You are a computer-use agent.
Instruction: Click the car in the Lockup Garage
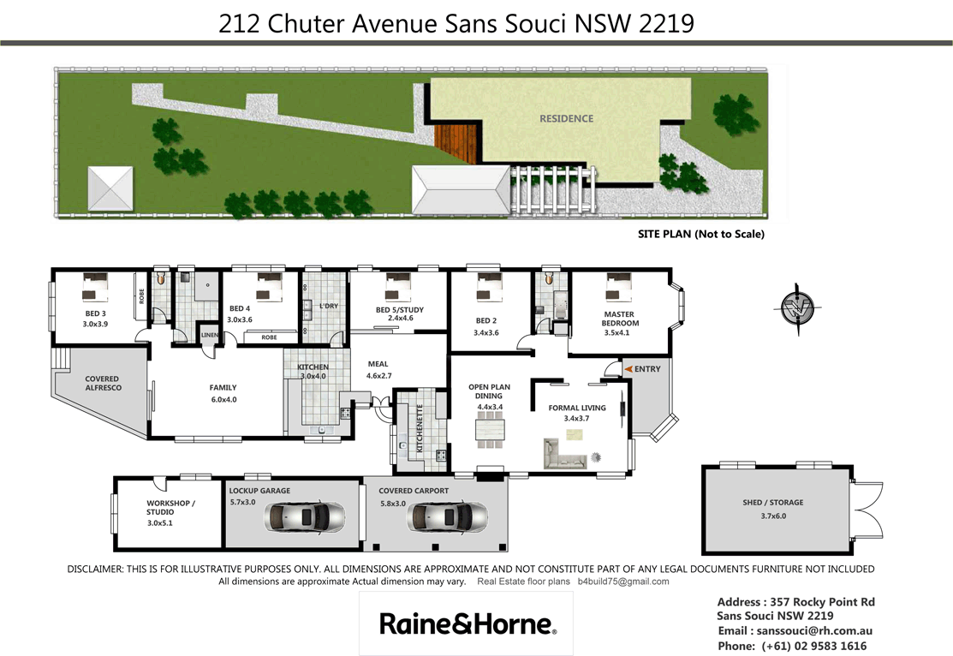(306, 517)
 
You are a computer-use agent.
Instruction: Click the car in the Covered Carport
(447, 517)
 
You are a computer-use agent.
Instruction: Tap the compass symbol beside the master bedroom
(801, 305)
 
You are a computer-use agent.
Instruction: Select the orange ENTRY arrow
(628, 368)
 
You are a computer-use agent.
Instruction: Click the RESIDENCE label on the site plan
(566, 118)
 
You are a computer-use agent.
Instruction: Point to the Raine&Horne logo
(468, 623)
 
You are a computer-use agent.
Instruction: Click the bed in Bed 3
(95, 288)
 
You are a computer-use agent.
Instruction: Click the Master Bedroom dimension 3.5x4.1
(616, 332)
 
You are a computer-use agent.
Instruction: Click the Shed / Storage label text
(773, 503)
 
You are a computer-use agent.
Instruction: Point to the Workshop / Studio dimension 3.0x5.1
(160, 522)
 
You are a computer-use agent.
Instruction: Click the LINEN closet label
(209, 335)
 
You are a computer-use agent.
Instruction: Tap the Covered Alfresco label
(102, 383)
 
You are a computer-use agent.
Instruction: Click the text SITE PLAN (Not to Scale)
(700, 234)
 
